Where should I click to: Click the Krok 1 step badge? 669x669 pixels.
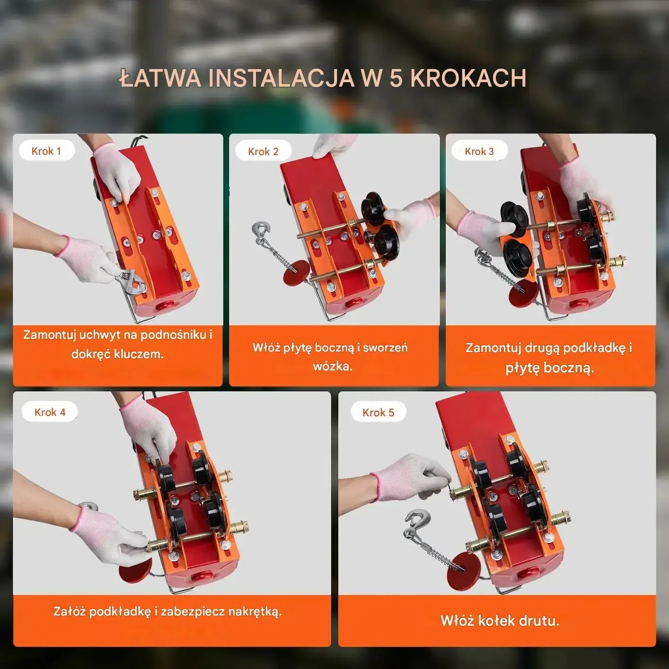(x=46, y=150)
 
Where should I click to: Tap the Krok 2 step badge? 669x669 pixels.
(x=263, y=151)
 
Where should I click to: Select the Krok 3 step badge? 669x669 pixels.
(x=479, y=151)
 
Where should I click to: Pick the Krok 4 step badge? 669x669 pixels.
(x=50, y=412)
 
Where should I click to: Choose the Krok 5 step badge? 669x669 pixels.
(x=379, y=413)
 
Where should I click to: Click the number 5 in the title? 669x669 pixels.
(x=396, y=79)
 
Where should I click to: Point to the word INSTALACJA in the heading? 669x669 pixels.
(x=282, y=79)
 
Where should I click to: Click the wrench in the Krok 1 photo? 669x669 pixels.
(x=130, y=280)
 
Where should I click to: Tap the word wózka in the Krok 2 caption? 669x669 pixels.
(x=333, y=367)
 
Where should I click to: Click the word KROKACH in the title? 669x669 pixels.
(x=468, y=79)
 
